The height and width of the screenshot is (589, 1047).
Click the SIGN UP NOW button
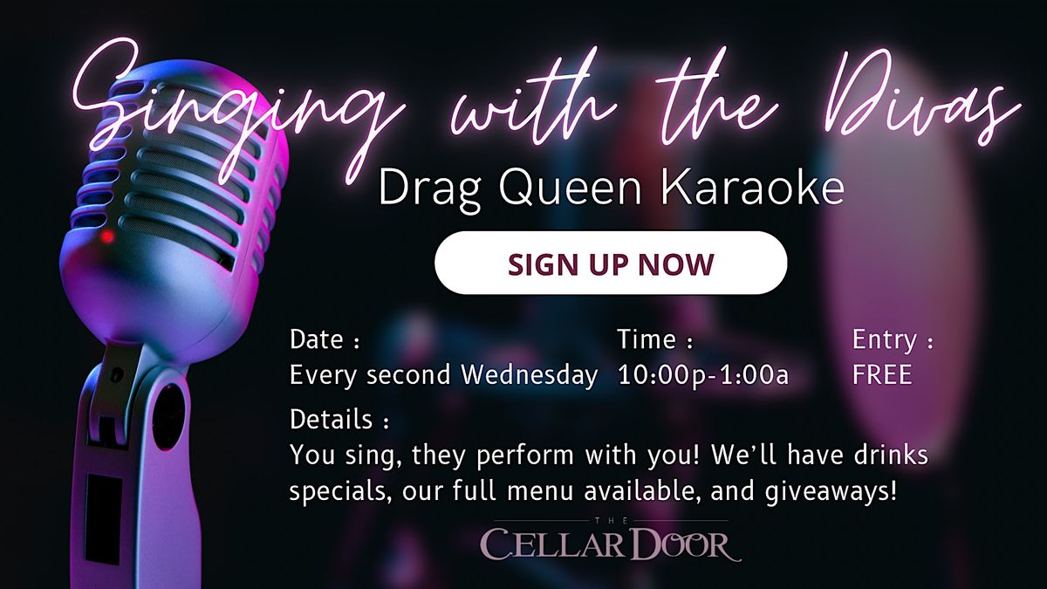click(x=611, y=263)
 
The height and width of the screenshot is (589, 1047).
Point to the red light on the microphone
click(x=107, y=236)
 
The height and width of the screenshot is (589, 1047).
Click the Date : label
click(x=325, y=339)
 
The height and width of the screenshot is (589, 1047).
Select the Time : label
click(x=655, y=339)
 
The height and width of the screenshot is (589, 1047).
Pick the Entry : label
click(x=893, y=340)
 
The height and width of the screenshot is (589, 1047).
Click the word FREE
click(x=882, y=374)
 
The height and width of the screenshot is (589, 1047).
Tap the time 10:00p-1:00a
click(x=703, y=375)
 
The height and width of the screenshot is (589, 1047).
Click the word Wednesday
click(x=530, y=375)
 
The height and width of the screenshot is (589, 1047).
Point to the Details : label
click(x=339, y=420)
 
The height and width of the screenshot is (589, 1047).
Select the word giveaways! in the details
click(x=831, y=492)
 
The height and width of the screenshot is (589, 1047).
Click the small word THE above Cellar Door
click(x=611, y=521)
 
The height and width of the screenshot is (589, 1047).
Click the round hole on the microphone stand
click(x=168, y=417)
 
